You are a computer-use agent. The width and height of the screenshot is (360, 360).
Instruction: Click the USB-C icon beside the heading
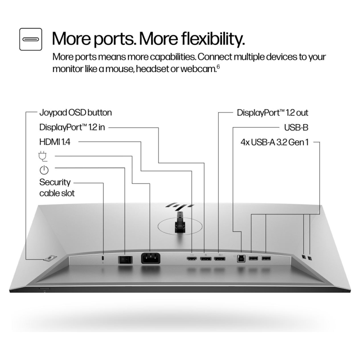tap(31, 39)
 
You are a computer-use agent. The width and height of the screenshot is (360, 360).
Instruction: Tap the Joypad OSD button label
tap(75, 112)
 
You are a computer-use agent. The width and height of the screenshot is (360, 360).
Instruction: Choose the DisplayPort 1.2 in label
tap(72, 127)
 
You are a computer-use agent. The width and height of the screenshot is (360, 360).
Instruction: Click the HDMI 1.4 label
tap(58, 142)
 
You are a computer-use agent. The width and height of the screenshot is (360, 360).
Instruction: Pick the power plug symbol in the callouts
tap(44, 156)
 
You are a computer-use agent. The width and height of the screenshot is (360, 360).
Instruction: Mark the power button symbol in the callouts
tap(44, 170)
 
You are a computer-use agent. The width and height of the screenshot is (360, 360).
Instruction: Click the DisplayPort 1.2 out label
tap(272, 112)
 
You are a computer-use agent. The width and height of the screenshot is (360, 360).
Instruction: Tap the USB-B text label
tap(296, 127)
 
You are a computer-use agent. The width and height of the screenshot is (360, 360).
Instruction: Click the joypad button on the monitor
tap(49, 258)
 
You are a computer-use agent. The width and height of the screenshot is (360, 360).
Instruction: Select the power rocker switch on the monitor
tap(124, 259)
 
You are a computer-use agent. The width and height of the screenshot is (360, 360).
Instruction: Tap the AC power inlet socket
tap(151, 258)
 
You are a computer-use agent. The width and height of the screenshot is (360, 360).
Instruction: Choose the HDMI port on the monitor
tap(192, 259)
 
